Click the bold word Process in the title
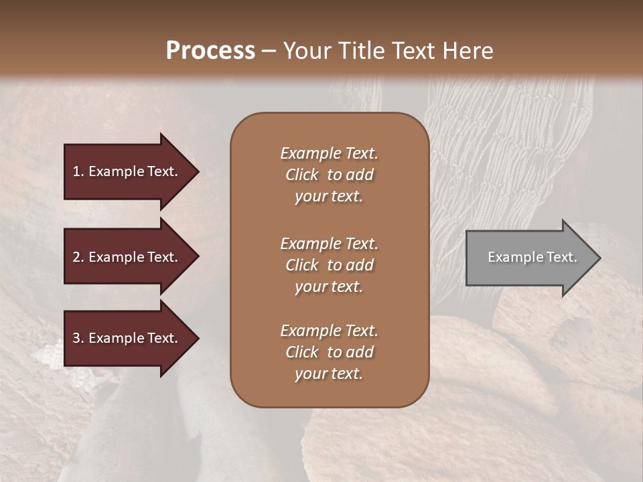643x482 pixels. (210, 51)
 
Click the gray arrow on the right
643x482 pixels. (529, 257)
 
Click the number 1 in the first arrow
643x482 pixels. (76, 171)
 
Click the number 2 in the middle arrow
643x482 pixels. (76, 257)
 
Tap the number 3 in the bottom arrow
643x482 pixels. (76, 338)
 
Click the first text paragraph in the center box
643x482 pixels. (329, 175)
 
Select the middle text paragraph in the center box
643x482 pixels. (329, 265)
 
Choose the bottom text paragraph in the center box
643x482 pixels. (329, 352)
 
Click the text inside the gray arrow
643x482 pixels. (532, 257)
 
